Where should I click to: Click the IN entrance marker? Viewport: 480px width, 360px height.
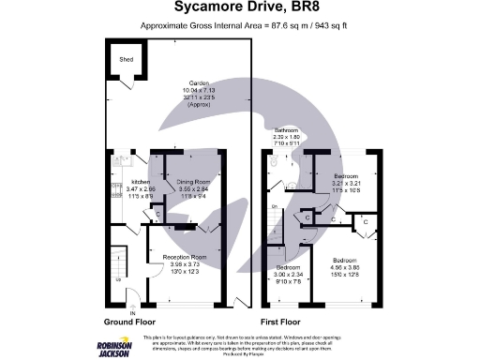(x=132, y=312)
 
